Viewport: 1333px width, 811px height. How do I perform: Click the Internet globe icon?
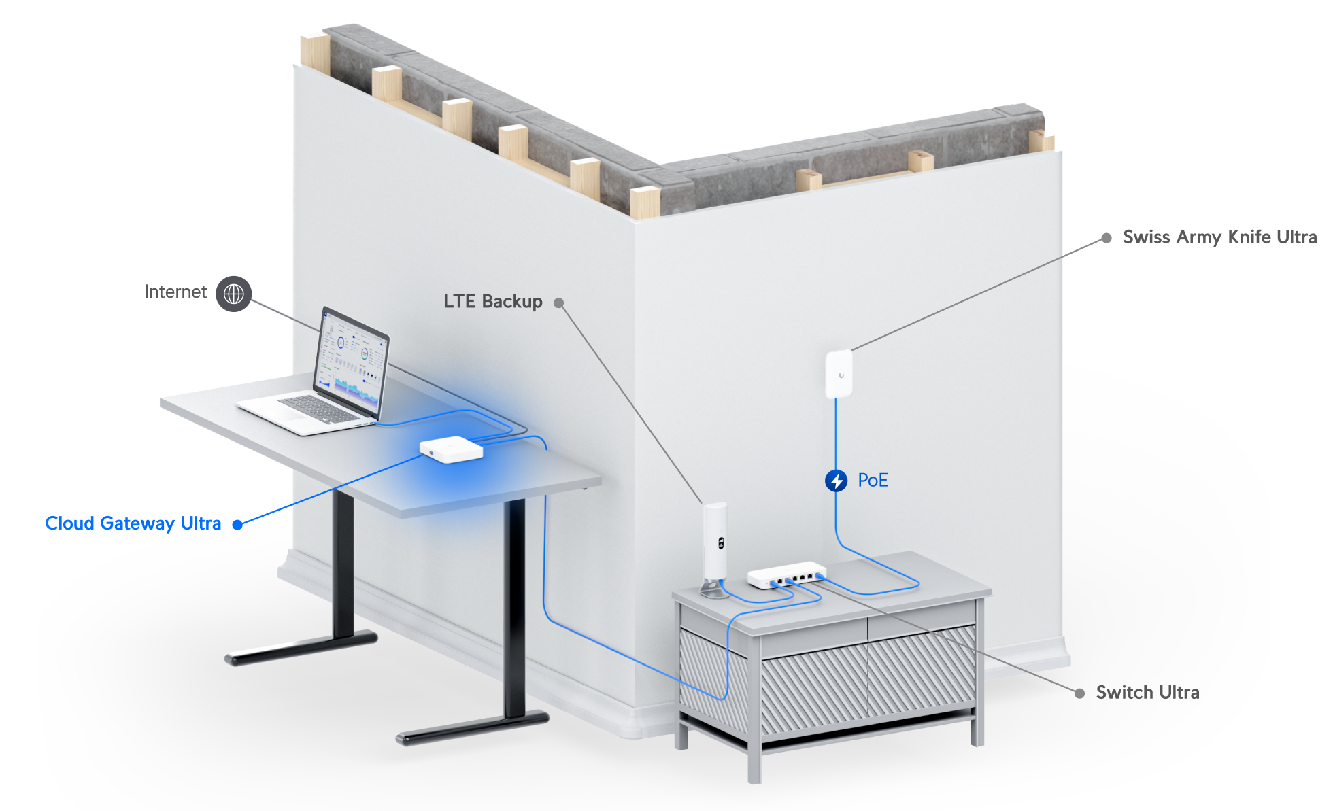[234, 294]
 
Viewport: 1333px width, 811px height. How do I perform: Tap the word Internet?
[175, 292]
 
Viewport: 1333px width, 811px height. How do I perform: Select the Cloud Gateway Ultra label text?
[133, 523]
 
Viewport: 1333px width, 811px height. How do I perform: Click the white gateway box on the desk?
[451, 449]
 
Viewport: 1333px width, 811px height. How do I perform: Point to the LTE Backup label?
[493, 301]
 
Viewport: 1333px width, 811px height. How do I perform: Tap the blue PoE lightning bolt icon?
[836, 481]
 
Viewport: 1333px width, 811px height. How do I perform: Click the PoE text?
[873, 481]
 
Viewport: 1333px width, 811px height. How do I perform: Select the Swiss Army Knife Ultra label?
[1219, 237]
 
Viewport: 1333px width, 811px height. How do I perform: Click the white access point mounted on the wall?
[839, 374]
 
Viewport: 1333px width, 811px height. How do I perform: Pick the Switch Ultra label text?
[1147, 693]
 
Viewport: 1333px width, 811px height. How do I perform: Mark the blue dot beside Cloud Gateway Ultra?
[237, 524]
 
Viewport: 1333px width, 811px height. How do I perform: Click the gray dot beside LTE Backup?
[558, 303]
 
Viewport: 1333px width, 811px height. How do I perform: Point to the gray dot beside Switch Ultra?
[1079, 693]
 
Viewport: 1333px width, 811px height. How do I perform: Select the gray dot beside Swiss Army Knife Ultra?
[1107, 238]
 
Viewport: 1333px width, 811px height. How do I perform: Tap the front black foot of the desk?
[473, 727]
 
